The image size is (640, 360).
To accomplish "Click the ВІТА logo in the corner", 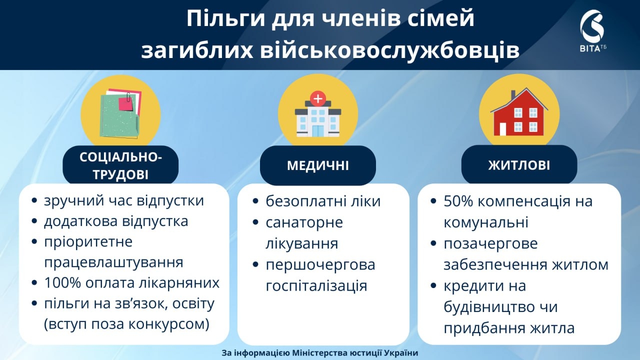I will (x=592, y=30).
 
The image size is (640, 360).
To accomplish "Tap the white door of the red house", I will (x=502, y=128).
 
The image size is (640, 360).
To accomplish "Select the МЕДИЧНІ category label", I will (x=317, y=165).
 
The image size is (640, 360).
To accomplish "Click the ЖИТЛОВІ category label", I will (x=519, y=165).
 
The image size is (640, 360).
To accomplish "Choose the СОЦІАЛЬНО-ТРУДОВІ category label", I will (x=120, y=165).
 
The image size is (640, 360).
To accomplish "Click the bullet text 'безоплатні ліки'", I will (x=323, y=201).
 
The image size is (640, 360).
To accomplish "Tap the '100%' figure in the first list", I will (x=62, y=283).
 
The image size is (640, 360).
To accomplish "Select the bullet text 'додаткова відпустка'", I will (x=116, y=221).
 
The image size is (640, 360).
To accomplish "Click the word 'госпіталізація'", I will (x=316, y=286).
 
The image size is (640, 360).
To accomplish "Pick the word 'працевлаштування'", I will (x=113, y=262).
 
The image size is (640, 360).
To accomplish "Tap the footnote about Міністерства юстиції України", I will (x=319, y=353).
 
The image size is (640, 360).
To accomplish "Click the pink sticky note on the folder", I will (x=125, y=103).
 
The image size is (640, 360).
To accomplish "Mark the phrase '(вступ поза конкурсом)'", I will (x=126, y=324).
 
